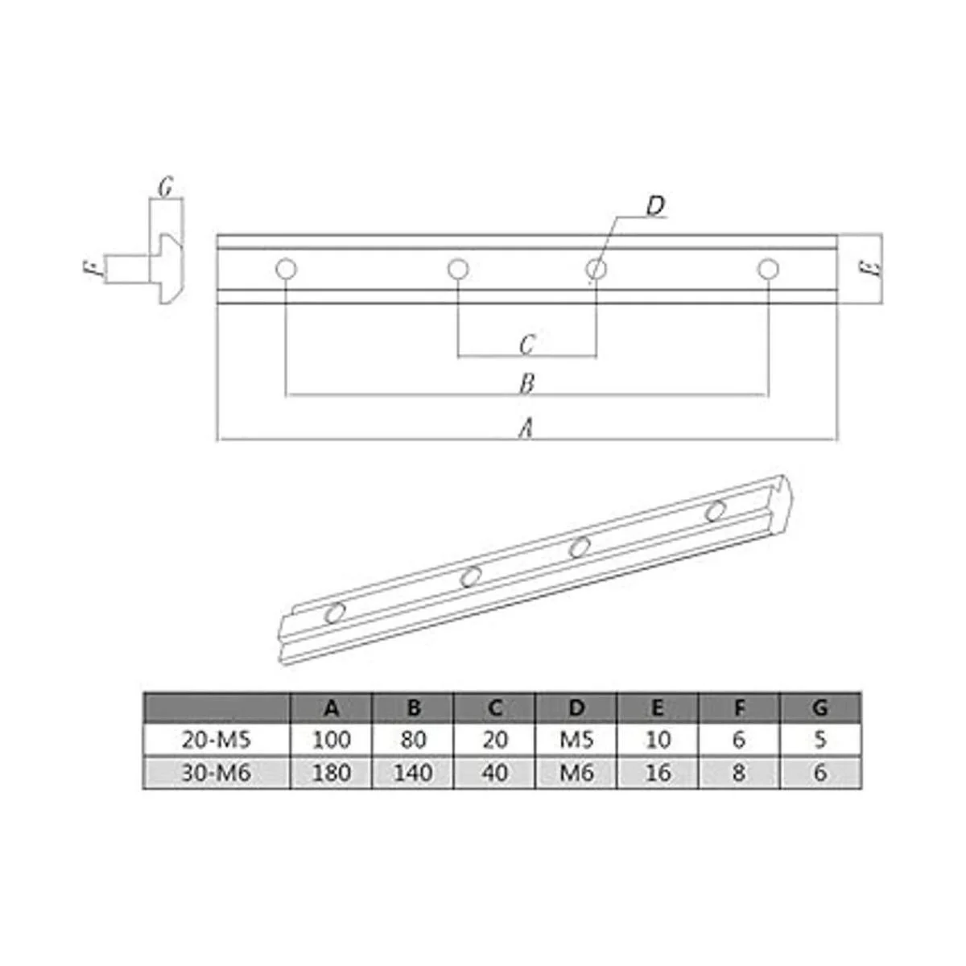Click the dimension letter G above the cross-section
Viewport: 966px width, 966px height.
point(166,187)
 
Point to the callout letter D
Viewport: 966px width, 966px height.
point(655,206)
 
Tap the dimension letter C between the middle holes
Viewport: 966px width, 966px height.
point(526,345)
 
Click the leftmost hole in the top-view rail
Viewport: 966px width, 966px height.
point(287,269)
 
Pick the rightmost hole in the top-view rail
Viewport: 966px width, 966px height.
point(768,269)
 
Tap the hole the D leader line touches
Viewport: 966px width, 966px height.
point(596,269)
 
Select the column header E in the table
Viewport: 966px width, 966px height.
point(657,708)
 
